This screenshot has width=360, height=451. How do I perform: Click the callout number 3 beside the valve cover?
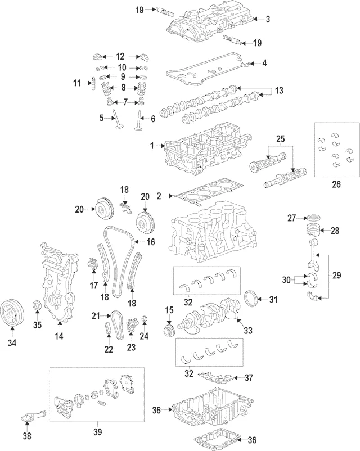(x=268, y=19)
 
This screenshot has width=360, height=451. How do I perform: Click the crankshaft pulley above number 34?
(x=12, y=312)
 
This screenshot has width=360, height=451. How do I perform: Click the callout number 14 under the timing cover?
(x=59, y=336)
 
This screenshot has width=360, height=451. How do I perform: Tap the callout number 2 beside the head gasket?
(x=159, y=196)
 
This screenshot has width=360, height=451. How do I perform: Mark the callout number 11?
(x=77, y=84)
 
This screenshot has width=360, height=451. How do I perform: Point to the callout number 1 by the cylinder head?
(x=152, y=146)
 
